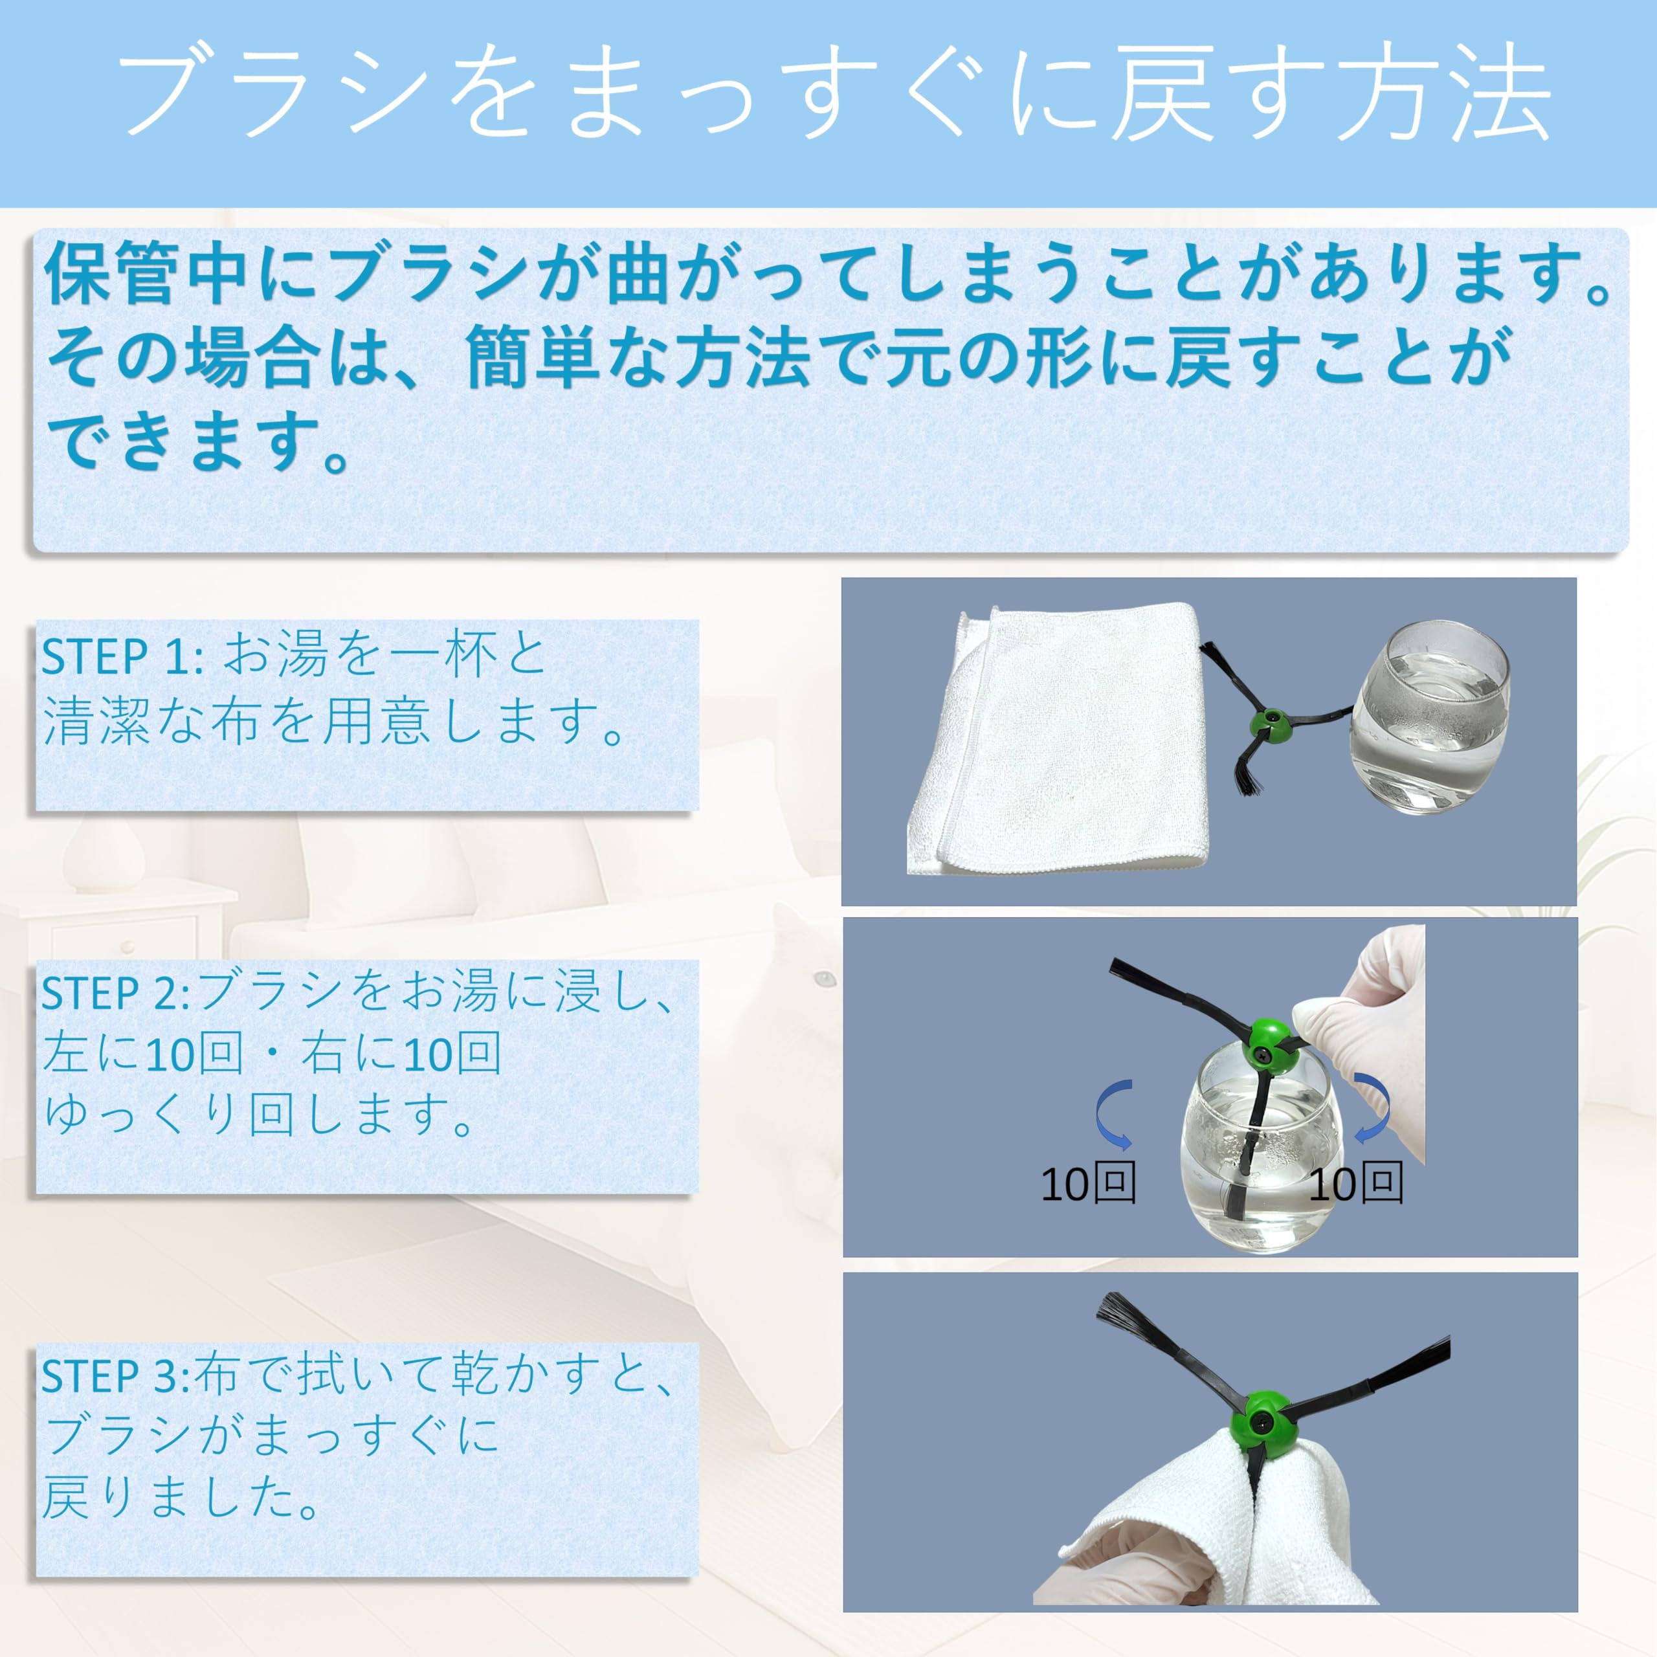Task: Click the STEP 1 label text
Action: pyautogui.click(x=122, y=658)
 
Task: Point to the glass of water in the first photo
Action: pyautogui.click(x=1427, y=718)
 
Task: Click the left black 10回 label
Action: pyautogui.click(x=1088, y=1184)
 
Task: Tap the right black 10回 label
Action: pyautogui.click(x=1356, y=1184)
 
